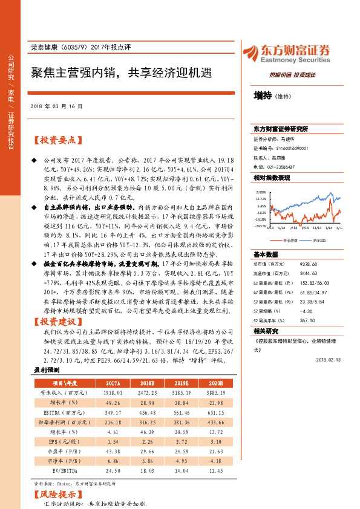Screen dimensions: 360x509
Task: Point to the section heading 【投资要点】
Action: [x=56, y=140]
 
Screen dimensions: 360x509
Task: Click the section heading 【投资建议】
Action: [x=56, y=321]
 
